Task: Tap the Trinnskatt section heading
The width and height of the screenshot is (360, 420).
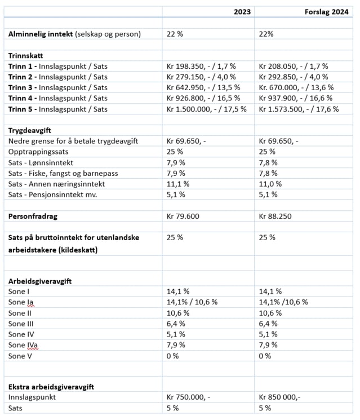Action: click(x=26, y=55)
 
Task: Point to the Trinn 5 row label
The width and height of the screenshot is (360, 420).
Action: click(x=57, y=109)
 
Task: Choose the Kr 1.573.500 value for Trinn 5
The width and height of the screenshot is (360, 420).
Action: click(x=299, y=109)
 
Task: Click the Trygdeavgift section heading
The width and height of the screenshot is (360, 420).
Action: click(x=32, y=130)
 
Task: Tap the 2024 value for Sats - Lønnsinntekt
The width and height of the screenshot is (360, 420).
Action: click(x=268, y=162)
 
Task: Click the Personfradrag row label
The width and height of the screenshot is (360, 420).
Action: click(x=33, y=216)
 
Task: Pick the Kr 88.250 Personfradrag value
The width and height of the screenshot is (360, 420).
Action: click(x=278, y=216)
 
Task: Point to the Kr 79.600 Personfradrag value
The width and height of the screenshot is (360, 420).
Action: click(x=186, y=216)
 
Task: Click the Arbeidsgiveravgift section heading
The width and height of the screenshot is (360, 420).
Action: click(x=39, y=281)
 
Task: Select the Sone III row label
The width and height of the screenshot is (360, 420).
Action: click(x=21, y=324)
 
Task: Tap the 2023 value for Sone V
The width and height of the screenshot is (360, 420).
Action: click(x=172, y=356)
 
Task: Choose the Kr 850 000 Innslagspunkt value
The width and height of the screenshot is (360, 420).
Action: click(x=279, y=397)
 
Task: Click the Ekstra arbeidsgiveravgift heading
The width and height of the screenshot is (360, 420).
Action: click(x=51, y=387)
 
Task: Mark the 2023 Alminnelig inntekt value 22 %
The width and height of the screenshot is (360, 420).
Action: click(x=175, y=34)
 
